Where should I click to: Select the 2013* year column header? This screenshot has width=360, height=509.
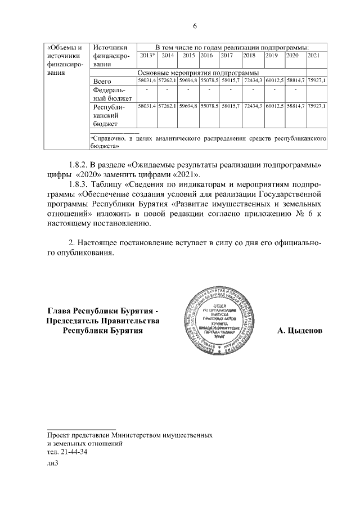tap(147, 56)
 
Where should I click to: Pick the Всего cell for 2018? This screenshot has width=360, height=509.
tap(253, 82)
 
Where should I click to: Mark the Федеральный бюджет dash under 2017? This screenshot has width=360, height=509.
tap(230, 90)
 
